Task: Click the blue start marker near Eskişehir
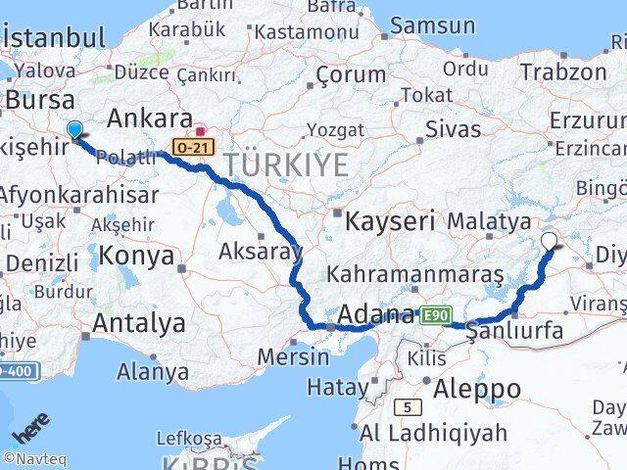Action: point(74,129)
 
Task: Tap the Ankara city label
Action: point(149,118)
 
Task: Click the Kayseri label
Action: point(389,221)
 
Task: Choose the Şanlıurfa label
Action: point(516,331)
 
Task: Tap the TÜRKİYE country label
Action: point(285,164)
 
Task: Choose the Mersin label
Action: point(293,356)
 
